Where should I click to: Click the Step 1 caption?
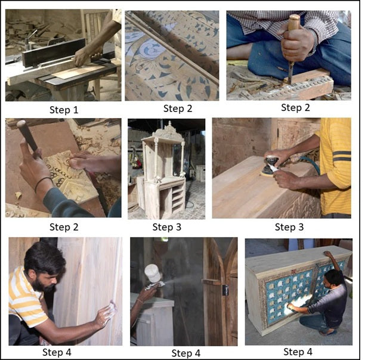(64, 110)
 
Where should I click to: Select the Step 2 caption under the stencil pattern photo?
(178, 108)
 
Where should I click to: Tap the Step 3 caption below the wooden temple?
(166, 227)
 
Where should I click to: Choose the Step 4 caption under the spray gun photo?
(185, 353)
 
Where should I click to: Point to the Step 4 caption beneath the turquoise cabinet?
(298, 352)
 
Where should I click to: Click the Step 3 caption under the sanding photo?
(289, 227)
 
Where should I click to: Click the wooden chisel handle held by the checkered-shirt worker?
(293, 23)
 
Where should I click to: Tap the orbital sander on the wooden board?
(270, 166)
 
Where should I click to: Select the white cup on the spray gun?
(153, 273)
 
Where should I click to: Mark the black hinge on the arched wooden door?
(225, 290)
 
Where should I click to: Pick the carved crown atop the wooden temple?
(168, 130)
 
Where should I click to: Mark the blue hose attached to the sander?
(310, 164)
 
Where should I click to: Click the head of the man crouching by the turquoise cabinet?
(334, 278)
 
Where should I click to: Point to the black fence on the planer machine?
(53, 52)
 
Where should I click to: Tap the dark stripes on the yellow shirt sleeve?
(342, 156)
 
